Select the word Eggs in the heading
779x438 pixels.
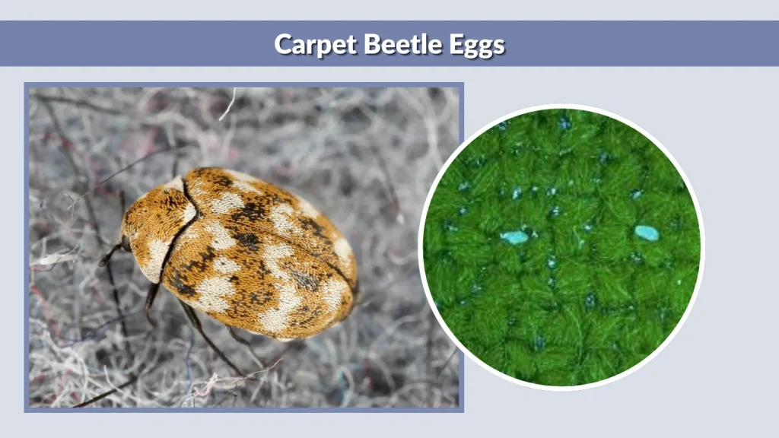pyautogui.click(x=476, y=45)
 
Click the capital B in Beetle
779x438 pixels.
pyautogui.click(x=374, y=43)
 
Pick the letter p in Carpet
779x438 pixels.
pyautogui.click(x=328, y=46)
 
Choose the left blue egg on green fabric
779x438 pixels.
pyautogui.click(x=514, y=237)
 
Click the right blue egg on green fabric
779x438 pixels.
pyautogui.click(x=647, y=233)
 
